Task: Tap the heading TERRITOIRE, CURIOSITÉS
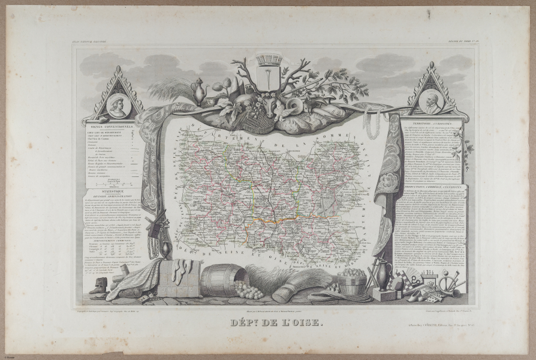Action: point(428,122)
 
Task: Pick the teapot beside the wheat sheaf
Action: point(198,91)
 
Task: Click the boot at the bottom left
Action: point(98,286)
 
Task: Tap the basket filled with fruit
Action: point(353,280)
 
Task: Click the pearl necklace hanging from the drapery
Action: point(372,122)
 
